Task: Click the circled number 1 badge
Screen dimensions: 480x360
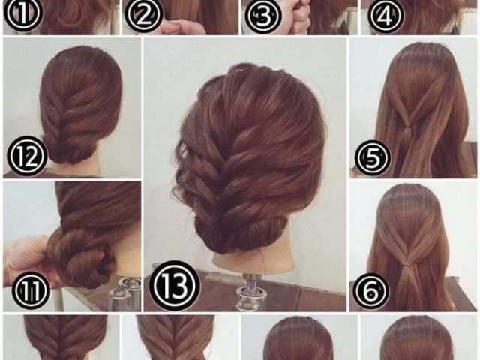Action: point(23,14)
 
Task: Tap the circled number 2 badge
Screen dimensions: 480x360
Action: point(143,15)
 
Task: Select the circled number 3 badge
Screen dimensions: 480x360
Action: point(262,16)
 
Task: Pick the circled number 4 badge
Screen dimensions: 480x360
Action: point(385,14)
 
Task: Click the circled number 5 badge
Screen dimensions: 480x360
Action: point(373,158)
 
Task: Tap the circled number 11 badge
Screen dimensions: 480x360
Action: point(31,289)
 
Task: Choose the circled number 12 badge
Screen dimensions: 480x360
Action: point(28,157)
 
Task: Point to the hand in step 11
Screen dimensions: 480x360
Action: point(26,260)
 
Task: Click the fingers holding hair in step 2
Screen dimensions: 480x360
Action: point(181,28)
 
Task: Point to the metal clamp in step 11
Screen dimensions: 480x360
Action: point(123,293)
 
